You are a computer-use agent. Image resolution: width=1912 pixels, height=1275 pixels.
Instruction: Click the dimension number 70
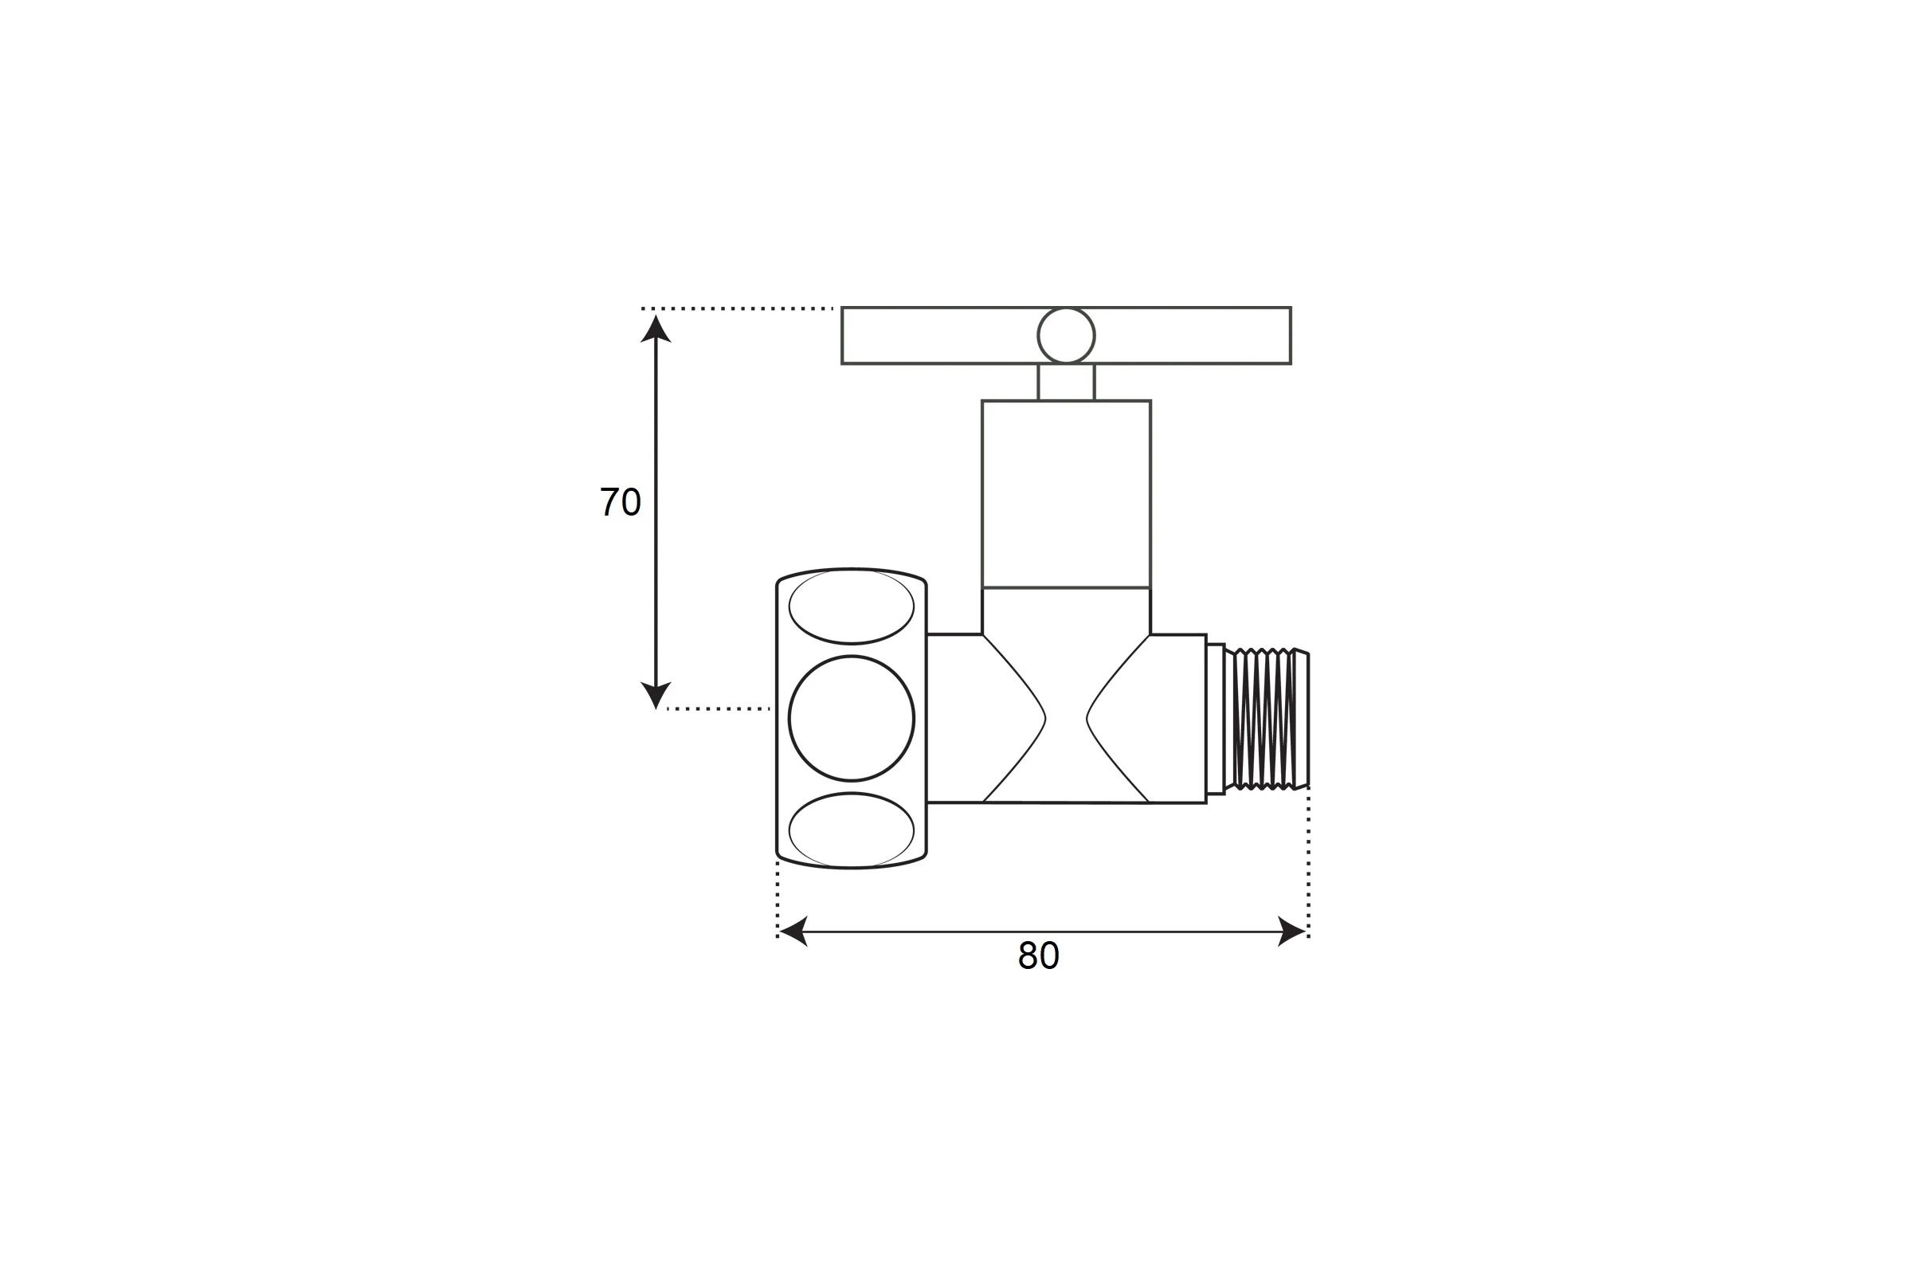[621, 502]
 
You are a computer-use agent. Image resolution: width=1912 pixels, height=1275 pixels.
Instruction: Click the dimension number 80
[1038, 955]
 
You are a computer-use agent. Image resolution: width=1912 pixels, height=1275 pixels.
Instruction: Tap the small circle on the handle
[1066, 335]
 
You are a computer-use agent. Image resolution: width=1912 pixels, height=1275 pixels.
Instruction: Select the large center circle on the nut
[851, 718]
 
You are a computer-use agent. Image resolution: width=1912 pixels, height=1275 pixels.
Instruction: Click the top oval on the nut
[851, 606]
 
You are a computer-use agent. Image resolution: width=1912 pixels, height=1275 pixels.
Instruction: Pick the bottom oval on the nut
[851, 830]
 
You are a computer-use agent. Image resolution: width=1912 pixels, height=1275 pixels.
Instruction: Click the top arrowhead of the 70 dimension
[655, 328]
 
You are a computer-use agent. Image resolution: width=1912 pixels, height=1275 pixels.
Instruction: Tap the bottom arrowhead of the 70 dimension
[655, 695]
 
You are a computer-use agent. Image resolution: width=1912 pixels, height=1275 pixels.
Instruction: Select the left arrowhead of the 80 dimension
[793, 931]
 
